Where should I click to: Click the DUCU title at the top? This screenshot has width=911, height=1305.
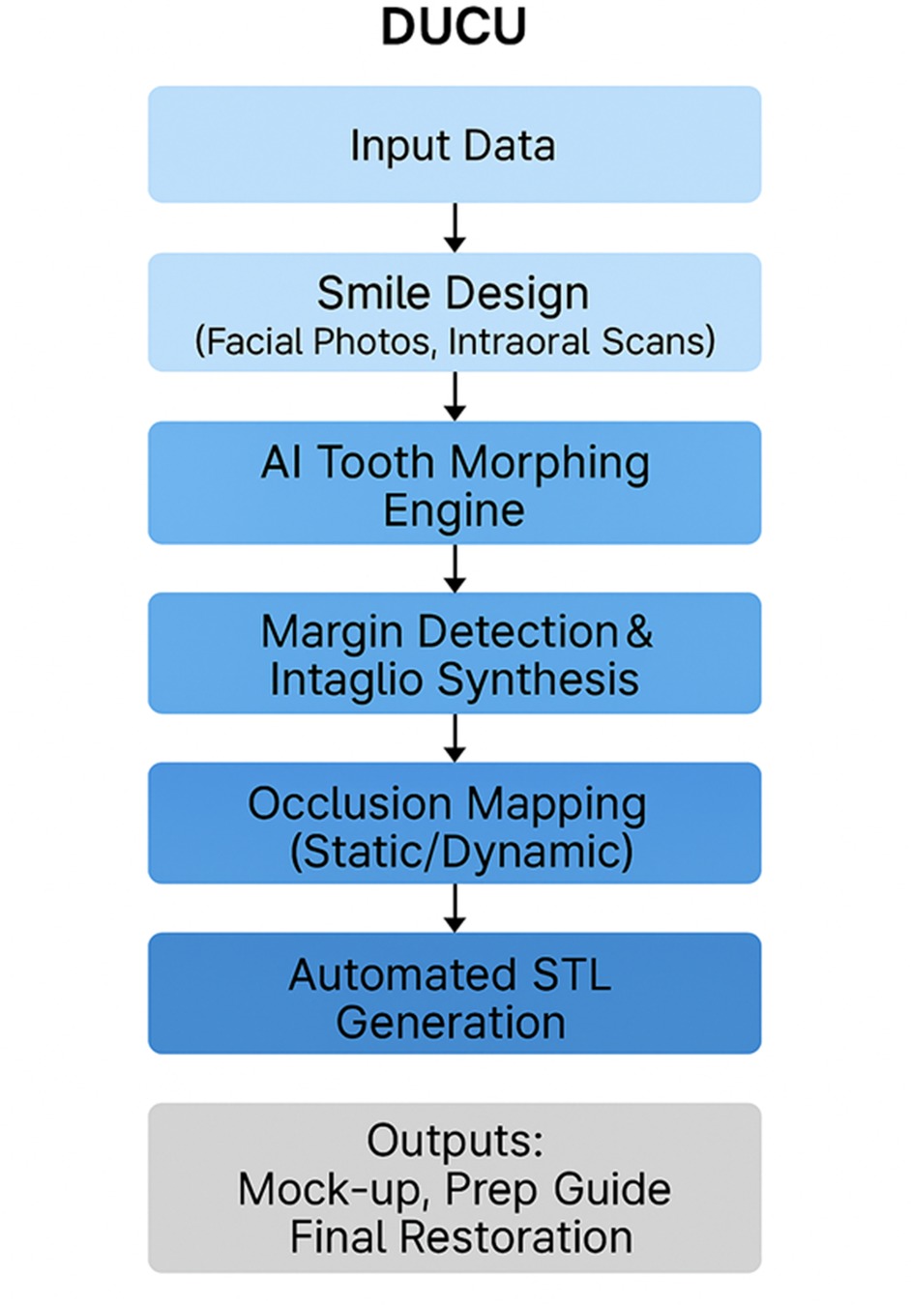coord(454,26)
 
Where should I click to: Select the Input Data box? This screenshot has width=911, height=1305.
coord(454,145)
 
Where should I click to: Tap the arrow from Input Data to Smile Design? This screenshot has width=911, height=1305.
coord(455,228)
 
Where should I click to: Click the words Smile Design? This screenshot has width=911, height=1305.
coord(453,293)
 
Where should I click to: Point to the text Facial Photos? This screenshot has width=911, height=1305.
coord(317,341)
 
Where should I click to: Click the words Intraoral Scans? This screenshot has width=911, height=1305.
coord(580,341)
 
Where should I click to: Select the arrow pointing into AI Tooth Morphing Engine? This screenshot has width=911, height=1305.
coord(455,396)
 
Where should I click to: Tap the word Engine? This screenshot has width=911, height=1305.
coord(454,510)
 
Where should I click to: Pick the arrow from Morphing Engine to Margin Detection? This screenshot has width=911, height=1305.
coord(455,568)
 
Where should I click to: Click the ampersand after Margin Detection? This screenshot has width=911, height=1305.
coord(639,632)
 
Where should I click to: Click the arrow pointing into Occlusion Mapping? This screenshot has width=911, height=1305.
coord(455,739)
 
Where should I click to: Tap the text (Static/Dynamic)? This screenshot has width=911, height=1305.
coord(462,852)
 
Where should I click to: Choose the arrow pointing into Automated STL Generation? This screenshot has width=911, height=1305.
coord(455,909)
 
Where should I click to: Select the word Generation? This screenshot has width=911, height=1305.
coord(451,1023)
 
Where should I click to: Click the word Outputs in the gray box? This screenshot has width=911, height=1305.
coord(455,1141)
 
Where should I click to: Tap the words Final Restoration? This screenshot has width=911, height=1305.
coord(461,1237)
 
